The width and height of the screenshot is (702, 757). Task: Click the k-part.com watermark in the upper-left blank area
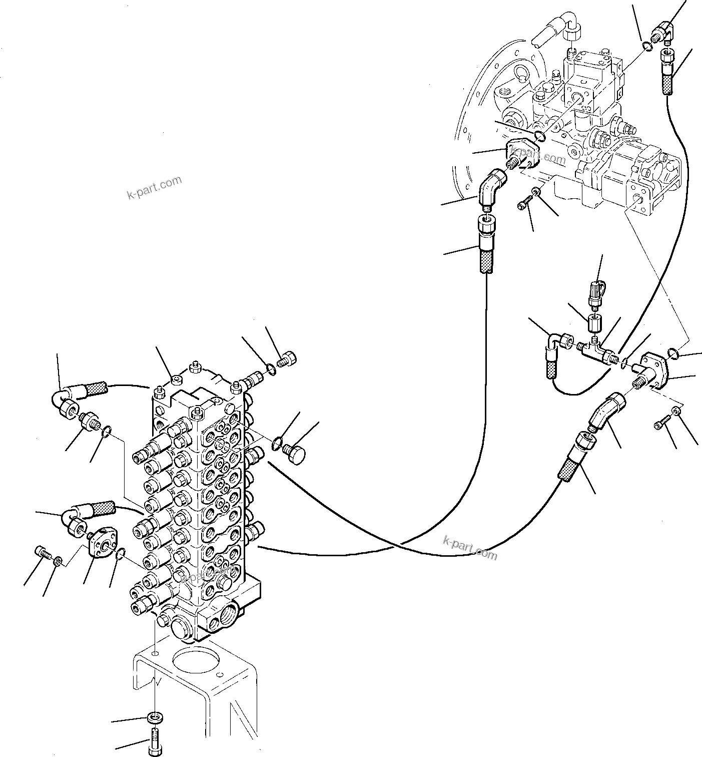point(155,187)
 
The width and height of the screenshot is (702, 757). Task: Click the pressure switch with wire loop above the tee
point(594,292)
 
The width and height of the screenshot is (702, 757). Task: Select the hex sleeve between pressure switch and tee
point(594,324)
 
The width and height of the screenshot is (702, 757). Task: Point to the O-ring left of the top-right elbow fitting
point(646,47)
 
